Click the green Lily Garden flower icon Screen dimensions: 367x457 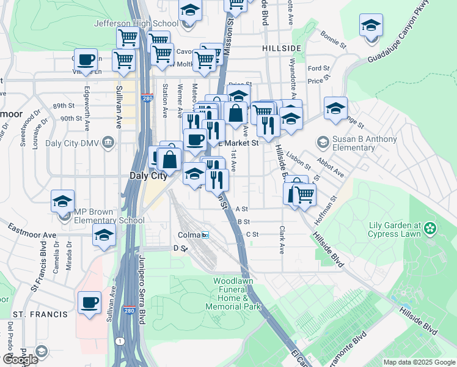[431, 229]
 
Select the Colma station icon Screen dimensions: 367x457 [205, 235]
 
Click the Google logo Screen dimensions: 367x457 [20, 360]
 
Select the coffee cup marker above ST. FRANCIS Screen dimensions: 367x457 [89, 302]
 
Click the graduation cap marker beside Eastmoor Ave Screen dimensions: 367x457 [104, 234]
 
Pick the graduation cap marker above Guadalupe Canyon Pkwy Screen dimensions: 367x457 [371, 26]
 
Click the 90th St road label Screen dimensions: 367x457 [71, 119]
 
